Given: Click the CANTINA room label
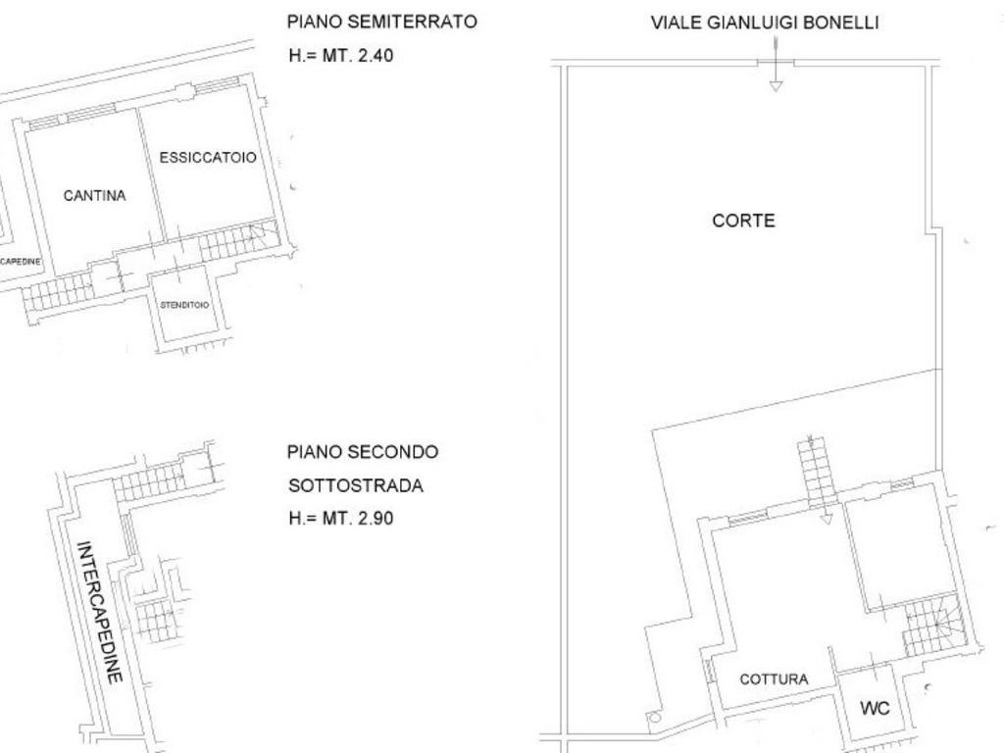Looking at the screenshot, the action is point(95,195).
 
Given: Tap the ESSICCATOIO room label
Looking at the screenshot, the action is point(208,158).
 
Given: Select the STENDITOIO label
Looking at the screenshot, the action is point(184,306).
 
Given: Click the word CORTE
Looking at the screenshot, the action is point(743,221).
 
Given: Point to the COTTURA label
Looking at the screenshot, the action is point(774,679).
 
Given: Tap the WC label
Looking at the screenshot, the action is point(875,708).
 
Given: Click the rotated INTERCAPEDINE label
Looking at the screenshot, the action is point(99,612).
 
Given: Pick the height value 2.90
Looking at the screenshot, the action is point(376,518).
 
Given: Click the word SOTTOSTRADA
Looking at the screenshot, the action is point(356,486).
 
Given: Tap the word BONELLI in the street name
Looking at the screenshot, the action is point(840,24).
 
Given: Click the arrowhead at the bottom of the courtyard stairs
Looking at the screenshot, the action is point(826,518).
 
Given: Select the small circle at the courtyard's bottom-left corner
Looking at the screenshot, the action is point(654,718).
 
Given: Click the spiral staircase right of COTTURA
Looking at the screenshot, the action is point(934,626).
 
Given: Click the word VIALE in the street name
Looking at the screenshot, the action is point(677,24).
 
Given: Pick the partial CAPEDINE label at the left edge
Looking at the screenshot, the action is point(20,261).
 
